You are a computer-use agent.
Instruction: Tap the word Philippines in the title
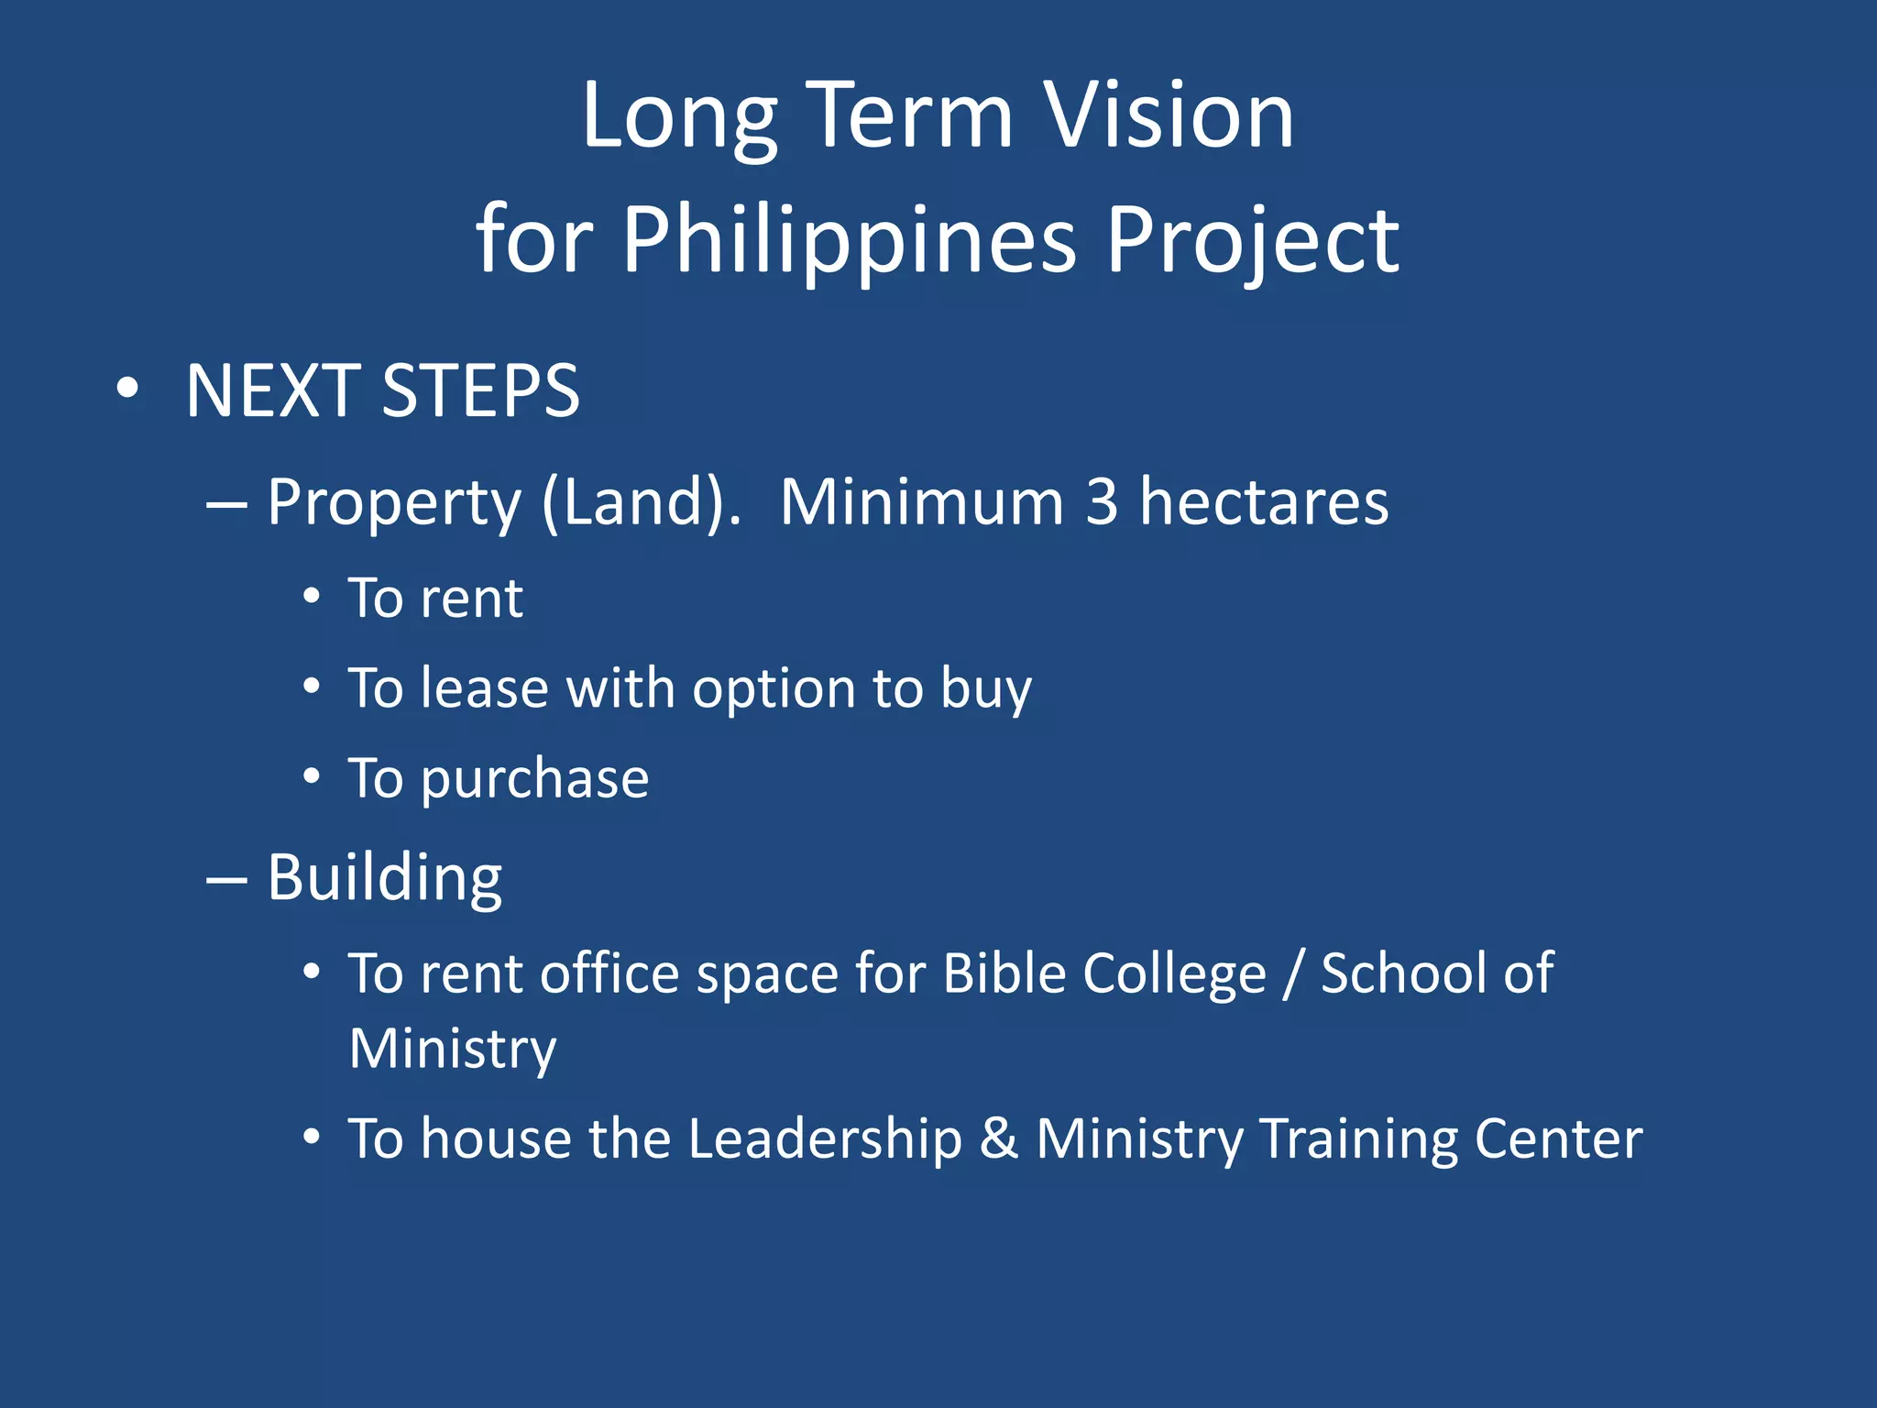(849, 240)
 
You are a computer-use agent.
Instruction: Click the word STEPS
(480, 391)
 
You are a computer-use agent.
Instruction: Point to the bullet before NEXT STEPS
(128, 389)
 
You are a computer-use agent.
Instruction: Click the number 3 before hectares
(1102, 502)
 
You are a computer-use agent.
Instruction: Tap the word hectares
(1264, 502)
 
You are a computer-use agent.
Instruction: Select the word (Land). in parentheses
(642, 502)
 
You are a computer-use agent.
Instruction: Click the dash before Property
(226, 505)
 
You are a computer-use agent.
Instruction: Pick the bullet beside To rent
(312, 597)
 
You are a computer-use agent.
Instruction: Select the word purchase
(535, 779)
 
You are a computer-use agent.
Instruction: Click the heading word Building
(385, 878)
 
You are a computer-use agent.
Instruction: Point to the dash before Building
(226, 880)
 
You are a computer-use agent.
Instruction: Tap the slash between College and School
(1292, 973)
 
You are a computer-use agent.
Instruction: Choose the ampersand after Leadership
(999, 1138)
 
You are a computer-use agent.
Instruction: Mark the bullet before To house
(312, 1138)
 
